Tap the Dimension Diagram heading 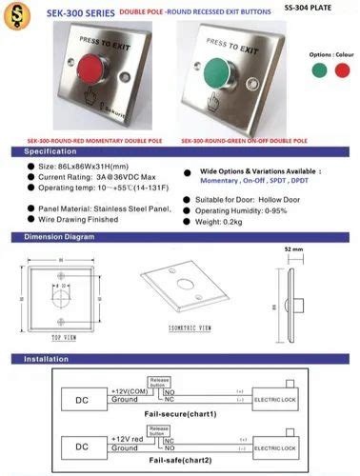(61, 236)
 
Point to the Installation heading (47, 361)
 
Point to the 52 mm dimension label (293, 250)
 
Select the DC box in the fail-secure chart (83, 395)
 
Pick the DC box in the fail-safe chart (83, 442)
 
